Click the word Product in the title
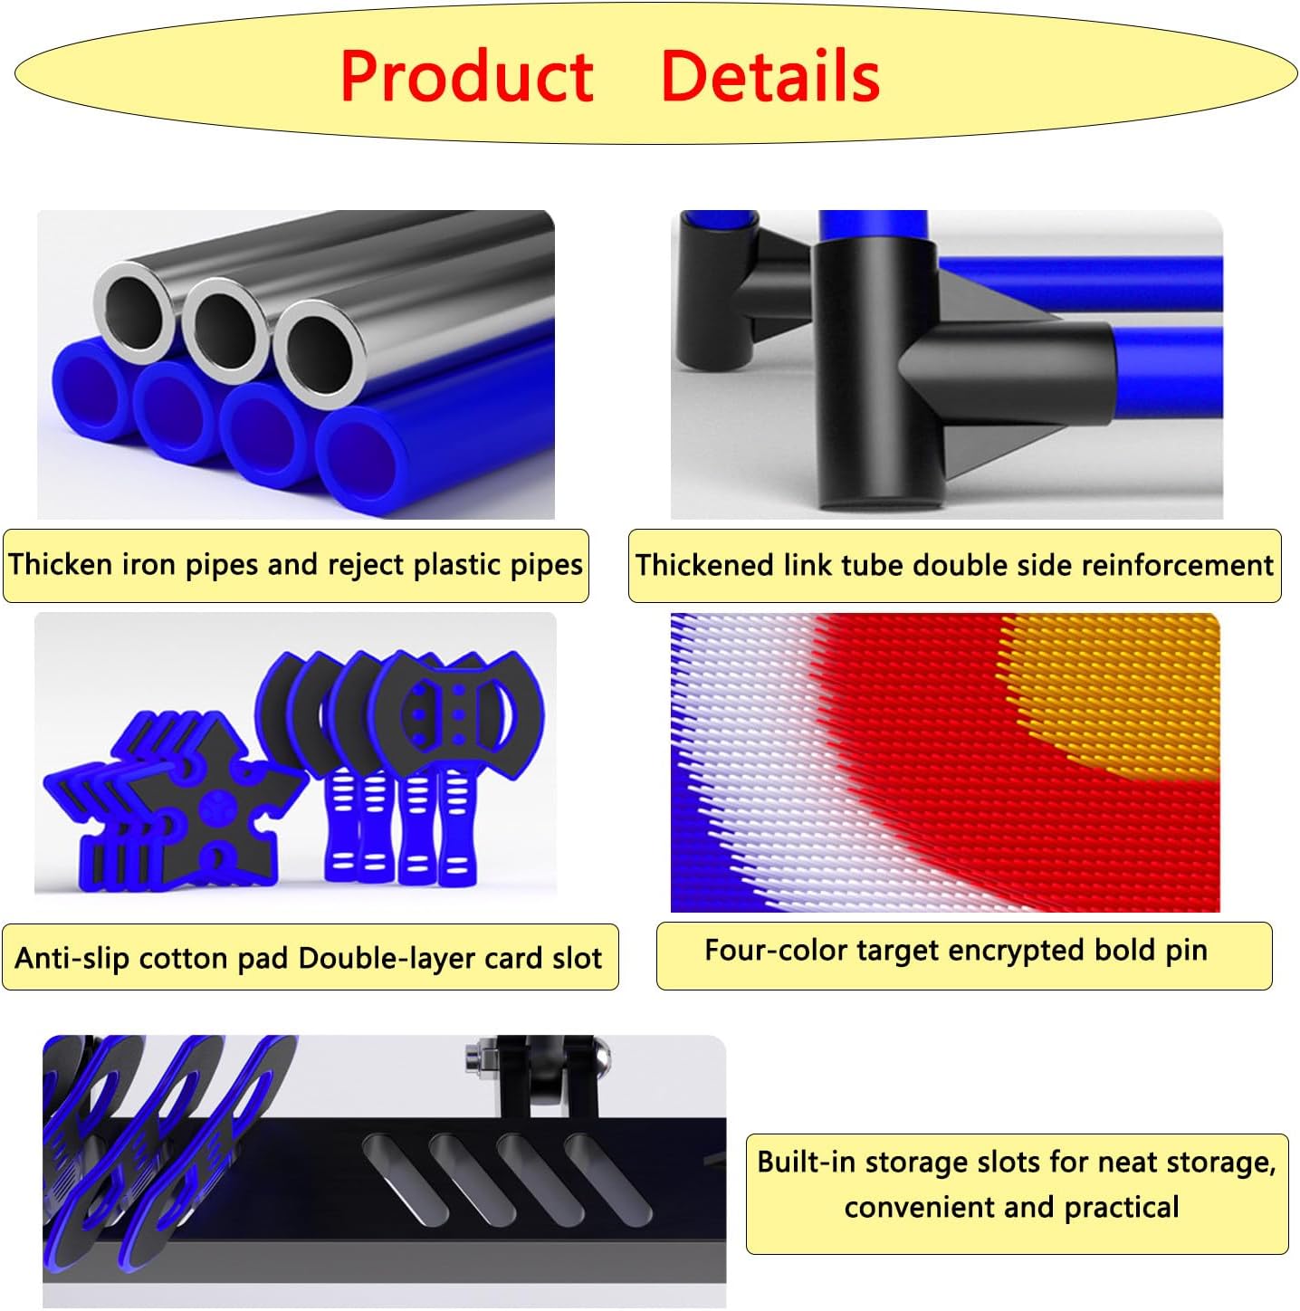point(466,76)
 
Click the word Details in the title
point(770,76)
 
